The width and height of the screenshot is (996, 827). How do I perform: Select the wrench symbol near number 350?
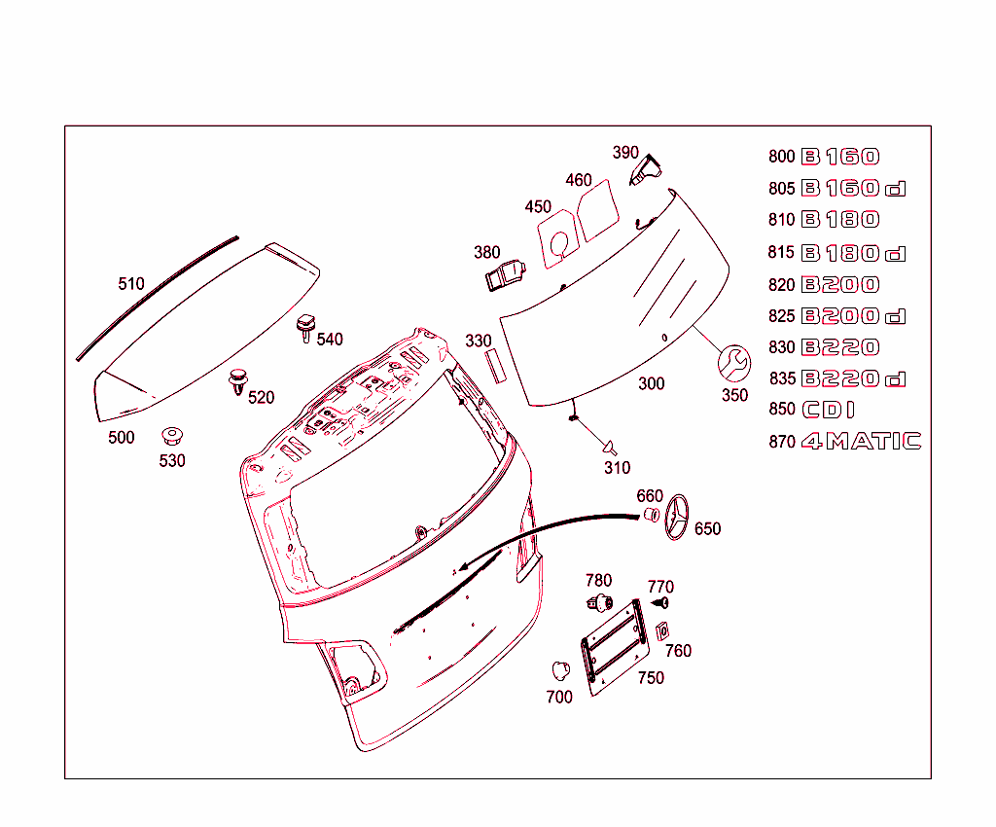pos(733,364)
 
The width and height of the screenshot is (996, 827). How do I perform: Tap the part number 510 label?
pos(131,284)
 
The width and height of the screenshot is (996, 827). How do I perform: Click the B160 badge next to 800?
pos(839,157)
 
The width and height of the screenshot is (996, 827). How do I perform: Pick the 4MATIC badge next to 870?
pos(861,442)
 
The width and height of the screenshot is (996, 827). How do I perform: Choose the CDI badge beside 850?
pos(829,410)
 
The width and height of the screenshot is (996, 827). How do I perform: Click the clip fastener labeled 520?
pos(237,380)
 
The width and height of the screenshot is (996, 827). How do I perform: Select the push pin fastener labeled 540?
pos(306,327)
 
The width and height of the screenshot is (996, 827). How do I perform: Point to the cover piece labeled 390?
pos(646,171)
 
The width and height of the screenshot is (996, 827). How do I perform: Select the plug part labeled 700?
pos(559,669)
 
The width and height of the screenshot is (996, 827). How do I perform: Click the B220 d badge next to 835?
pos(853,378)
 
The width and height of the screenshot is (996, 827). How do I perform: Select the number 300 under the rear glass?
pos(652,383)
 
